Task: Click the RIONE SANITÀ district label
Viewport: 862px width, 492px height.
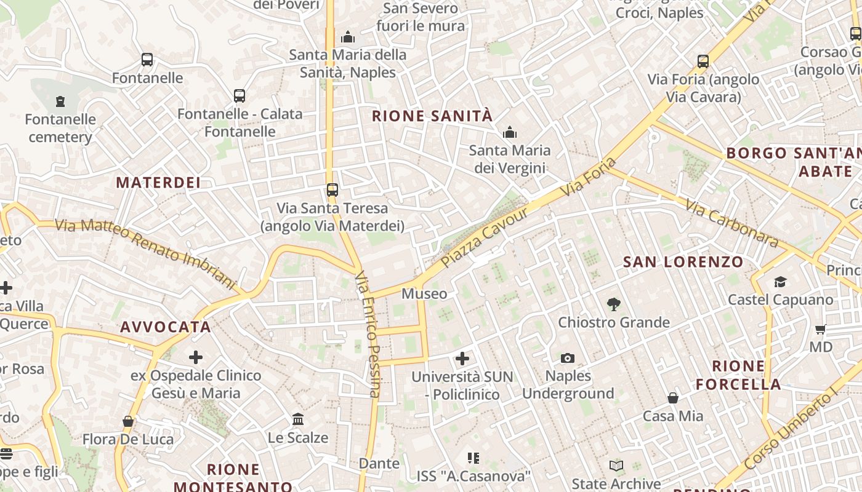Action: [432, 116]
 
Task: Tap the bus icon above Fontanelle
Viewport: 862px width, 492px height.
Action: [147, 60]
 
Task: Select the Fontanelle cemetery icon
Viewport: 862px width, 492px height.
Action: [60, 101]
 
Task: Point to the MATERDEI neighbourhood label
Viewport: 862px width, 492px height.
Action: [158, 183]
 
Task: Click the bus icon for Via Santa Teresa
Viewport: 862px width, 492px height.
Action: [332, 190]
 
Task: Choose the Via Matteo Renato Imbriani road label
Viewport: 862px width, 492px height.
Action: [145, 252]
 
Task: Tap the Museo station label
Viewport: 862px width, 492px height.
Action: [424, 294]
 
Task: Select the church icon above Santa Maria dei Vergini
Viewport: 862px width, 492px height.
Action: [510, 132]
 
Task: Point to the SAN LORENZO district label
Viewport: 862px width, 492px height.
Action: [683, 262]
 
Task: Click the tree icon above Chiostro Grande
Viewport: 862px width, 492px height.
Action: [613, 304]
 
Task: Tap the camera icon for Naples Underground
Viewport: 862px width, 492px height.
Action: [568, 358]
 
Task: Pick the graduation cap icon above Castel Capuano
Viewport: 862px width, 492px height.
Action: [780, 282]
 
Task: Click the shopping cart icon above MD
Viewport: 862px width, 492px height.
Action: [820, 329]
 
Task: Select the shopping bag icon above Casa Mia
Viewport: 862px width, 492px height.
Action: [673, 398]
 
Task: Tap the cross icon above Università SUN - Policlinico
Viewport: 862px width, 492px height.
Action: [462, 359]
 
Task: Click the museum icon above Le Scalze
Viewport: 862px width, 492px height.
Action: [298, 419]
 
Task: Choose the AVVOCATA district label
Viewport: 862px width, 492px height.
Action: [166, 327]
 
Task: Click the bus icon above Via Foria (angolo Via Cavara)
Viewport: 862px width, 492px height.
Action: [703, 61]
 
